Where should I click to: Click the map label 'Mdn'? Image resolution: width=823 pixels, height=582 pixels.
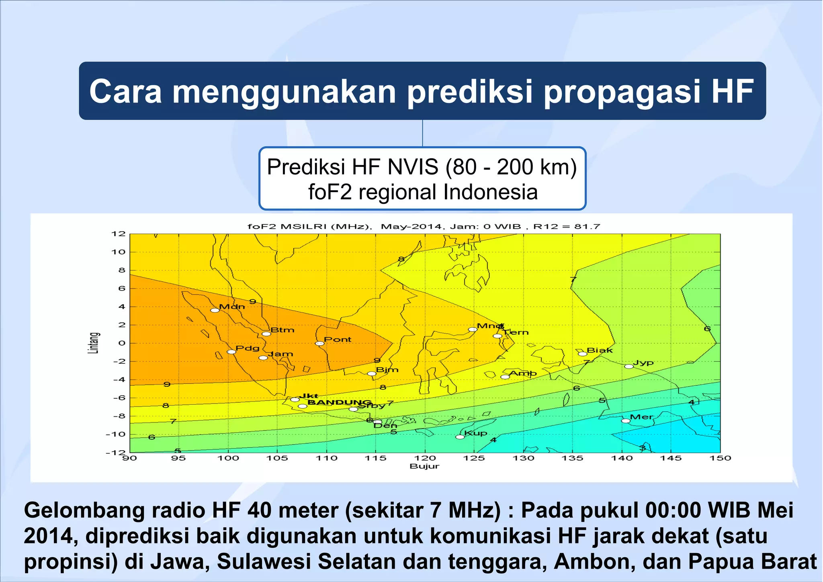tap(231, 307)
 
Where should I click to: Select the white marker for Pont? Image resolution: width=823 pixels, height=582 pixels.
tap(319, 343)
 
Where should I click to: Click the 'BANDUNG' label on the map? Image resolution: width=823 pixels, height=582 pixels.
tap(339, 402)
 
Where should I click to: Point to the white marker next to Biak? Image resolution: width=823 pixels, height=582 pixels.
tap(582, 354)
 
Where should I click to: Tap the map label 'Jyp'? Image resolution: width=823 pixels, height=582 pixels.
tap(643, 363)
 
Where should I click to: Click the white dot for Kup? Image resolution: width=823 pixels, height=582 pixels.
tap(460, 437)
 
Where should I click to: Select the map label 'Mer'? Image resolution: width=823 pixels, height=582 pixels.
tap(641, 417)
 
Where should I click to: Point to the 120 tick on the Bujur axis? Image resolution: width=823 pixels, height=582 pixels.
tap(425, 458)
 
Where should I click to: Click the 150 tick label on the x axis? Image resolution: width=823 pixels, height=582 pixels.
tap(720, 458)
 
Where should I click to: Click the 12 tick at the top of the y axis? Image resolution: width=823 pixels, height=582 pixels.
tap(121, 234)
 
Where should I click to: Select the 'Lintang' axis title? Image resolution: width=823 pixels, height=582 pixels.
tap(93, 343)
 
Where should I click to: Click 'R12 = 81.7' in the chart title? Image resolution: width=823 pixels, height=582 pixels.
tap(567, 226)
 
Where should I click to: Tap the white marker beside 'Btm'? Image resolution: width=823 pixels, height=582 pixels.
tap(266, 334)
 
